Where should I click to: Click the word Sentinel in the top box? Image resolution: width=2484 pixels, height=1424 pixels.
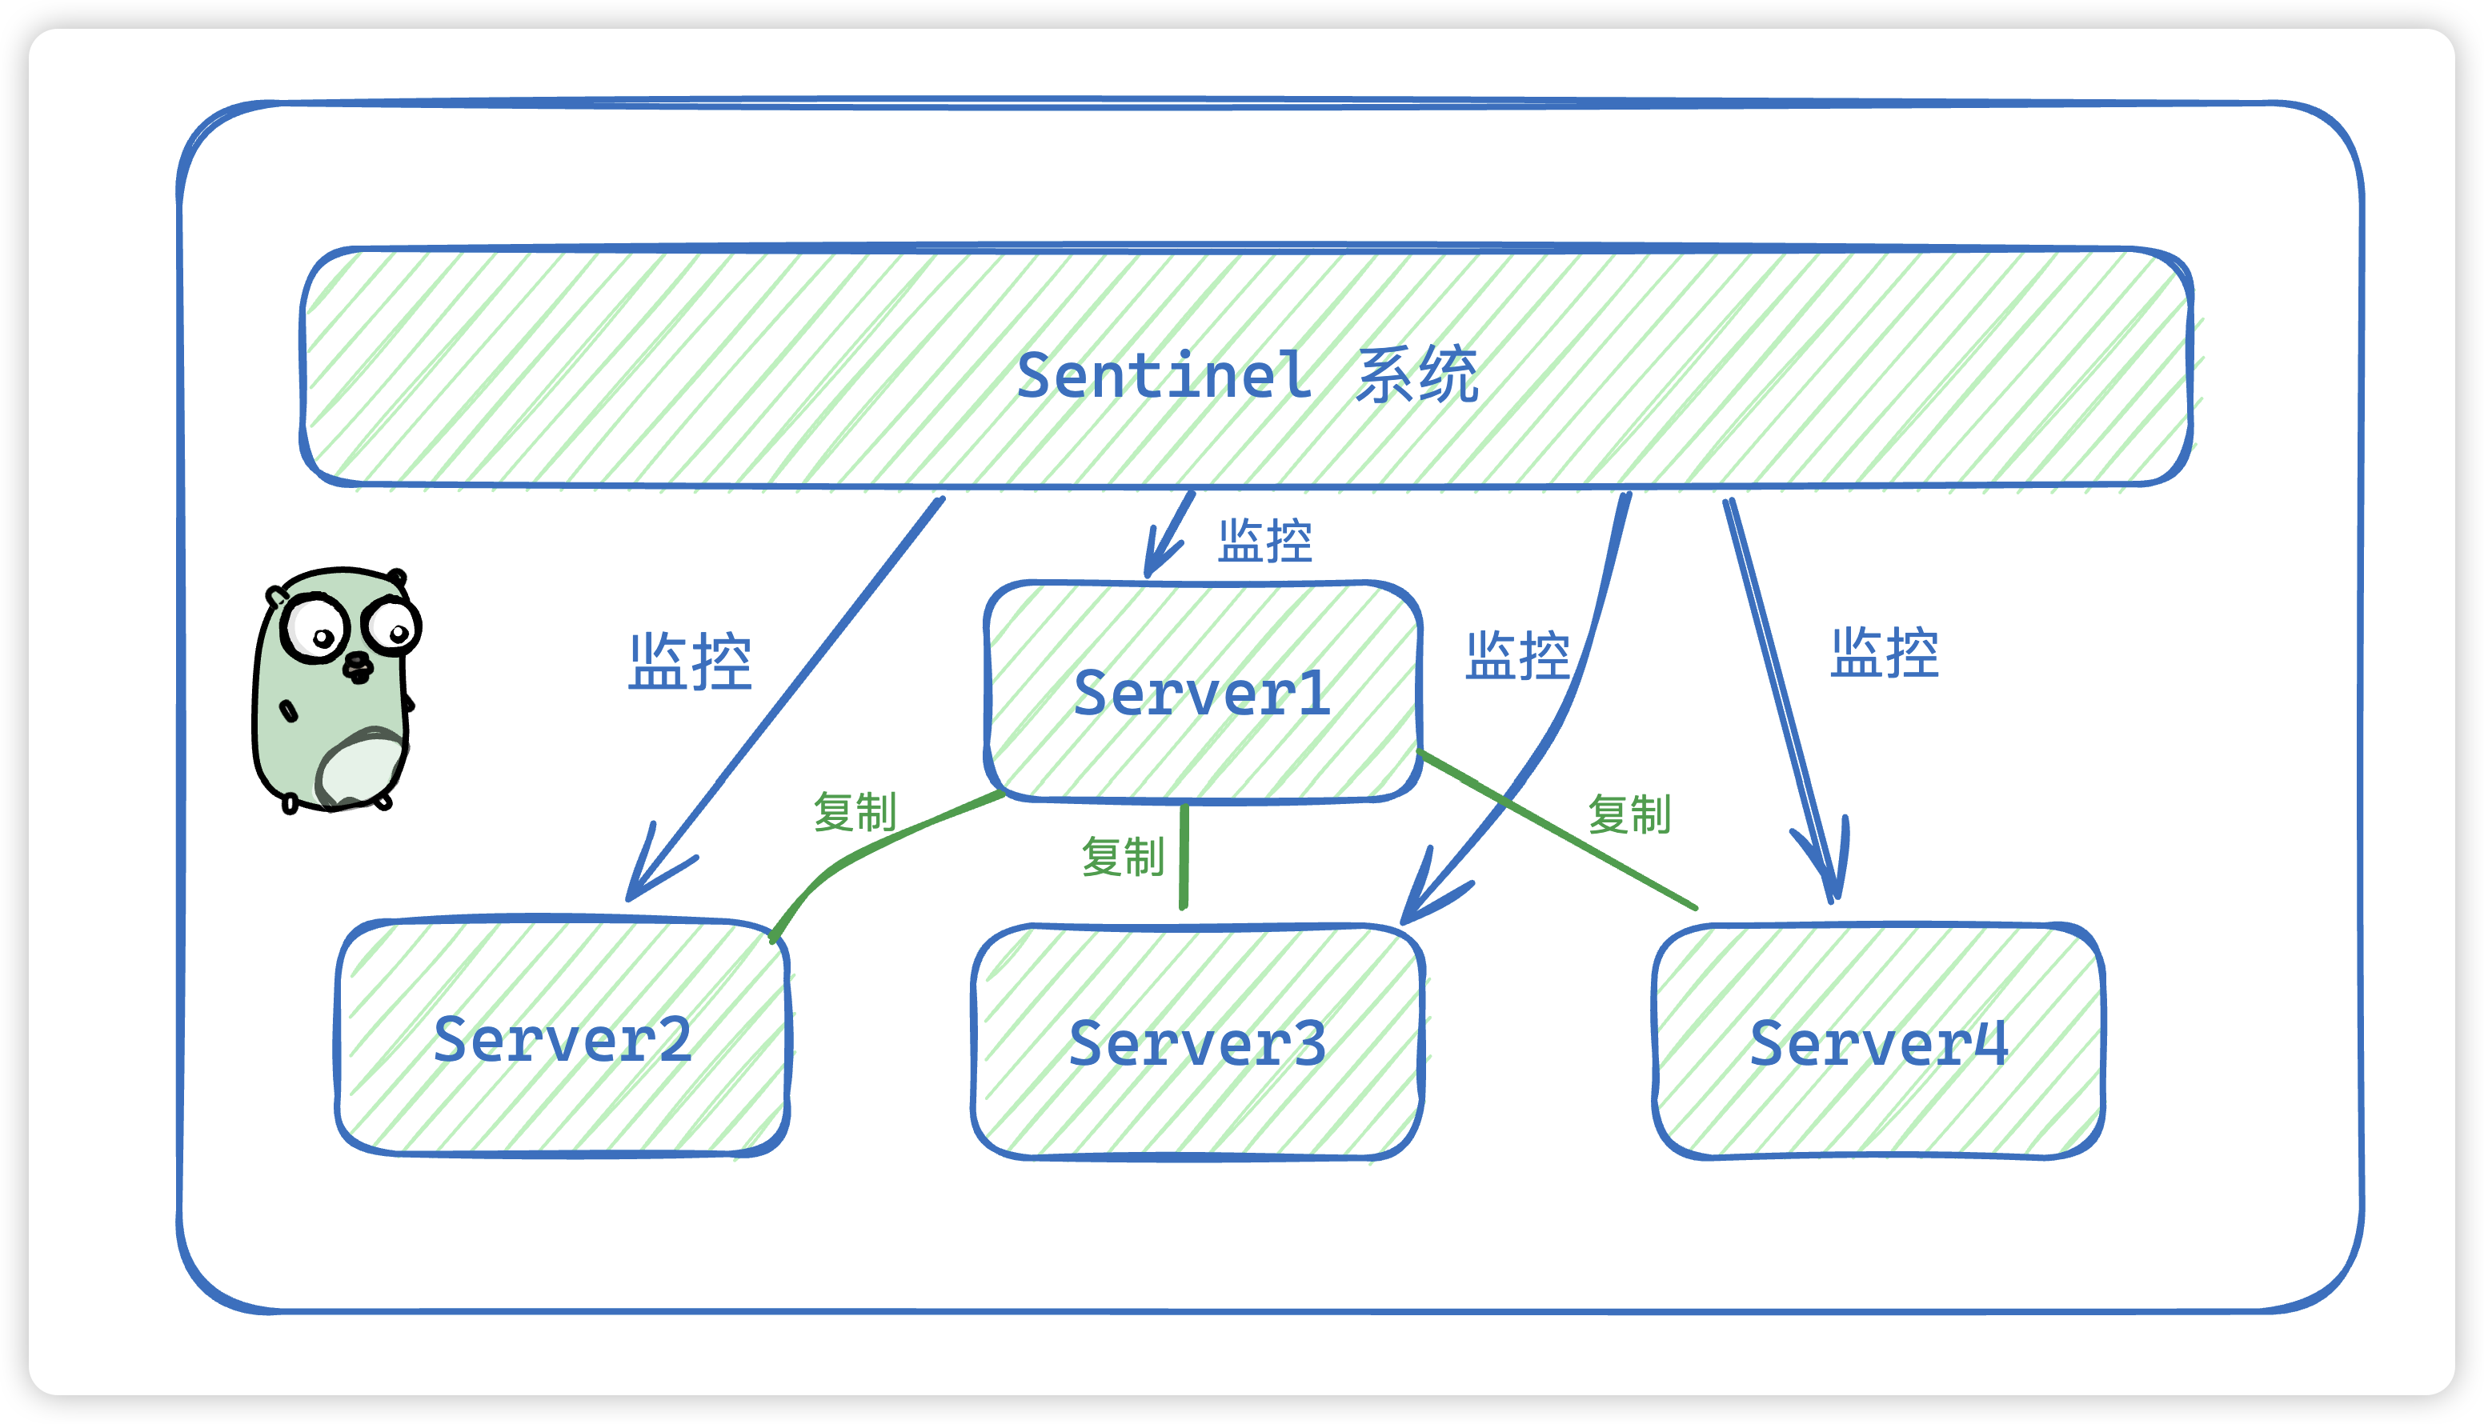point(1164,375)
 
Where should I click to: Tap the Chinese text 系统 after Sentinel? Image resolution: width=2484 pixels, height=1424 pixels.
point(1416,374)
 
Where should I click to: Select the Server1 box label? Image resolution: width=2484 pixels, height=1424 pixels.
point(1201,694)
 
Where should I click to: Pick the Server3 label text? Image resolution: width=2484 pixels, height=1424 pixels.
point(1197,1043)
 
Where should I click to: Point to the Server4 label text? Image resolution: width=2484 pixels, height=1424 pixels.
point(1878,1043)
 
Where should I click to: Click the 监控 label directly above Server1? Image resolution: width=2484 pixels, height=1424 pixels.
point(1265,541)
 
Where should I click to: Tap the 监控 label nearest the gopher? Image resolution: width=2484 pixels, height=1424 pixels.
point(690,662)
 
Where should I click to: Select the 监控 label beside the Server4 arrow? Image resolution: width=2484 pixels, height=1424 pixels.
point(1885,652)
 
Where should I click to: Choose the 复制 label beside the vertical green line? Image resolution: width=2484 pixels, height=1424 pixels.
point(1123,857)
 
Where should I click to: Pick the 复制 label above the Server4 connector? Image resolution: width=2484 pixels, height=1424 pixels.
point(1629,814)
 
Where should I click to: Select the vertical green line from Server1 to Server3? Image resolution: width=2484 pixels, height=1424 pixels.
point(1184,857)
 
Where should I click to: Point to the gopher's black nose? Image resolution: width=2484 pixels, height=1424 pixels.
point(357,667)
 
